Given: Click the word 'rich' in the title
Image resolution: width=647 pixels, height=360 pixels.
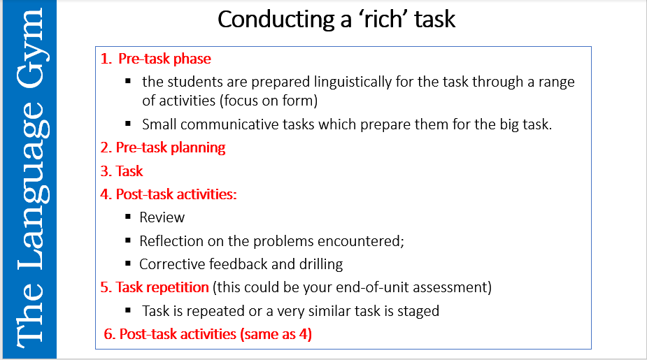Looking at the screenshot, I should [x=376, y=20].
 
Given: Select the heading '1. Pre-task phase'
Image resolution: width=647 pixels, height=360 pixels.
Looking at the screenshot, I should [x=155, y=59].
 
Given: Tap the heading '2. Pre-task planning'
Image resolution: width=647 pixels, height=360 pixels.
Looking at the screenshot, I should [x=162, y=147].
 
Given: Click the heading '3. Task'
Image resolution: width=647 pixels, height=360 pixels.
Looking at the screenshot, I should [x=122, y=171].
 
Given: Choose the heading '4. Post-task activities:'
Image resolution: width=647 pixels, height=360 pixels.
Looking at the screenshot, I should [x=168, y=194].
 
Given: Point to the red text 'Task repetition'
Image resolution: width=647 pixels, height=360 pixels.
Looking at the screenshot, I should [x=162, y=287].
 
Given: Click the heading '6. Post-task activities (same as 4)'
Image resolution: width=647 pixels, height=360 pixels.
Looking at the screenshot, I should [x=207, y=334].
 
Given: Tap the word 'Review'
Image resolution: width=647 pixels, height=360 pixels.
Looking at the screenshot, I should [x=162, y=217].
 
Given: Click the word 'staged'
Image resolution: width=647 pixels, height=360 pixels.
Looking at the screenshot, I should [x=418, y=310].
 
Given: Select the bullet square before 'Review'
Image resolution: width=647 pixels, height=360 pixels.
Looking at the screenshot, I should [x=128, y=217].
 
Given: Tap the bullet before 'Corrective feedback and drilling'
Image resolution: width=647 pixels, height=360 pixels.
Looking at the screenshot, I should [x=128, y=264].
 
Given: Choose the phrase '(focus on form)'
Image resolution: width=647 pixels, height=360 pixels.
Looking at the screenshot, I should [x=269, y=101].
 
